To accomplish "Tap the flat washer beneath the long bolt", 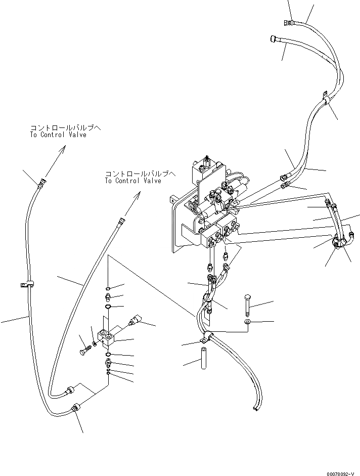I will (247, 322).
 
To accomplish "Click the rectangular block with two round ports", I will (108, 336).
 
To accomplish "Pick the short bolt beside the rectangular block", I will (84, 349).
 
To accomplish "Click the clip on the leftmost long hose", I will (27, 285).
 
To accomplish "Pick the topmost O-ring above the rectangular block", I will (108, 288).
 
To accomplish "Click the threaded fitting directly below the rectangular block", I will (108, 363).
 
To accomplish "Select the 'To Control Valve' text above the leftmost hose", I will (58, 135).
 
